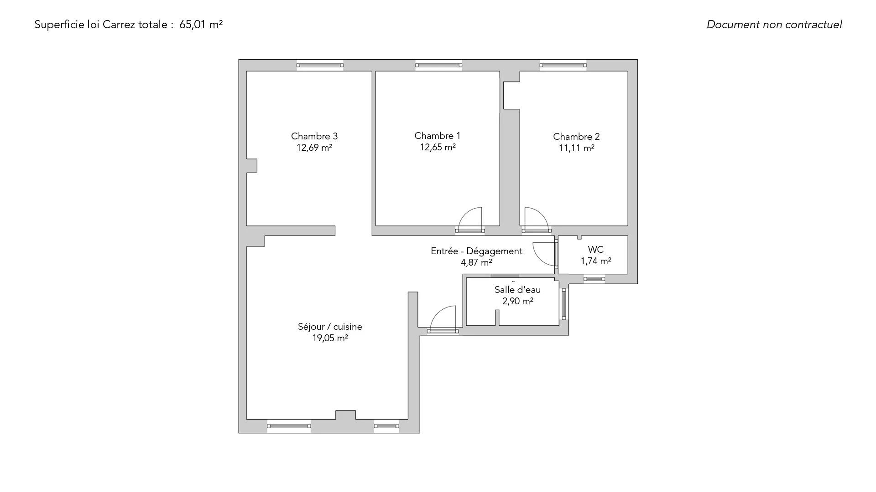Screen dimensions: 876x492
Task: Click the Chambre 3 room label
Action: click(314, 136)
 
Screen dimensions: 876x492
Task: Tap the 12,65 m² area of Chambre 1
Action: click(438, 147)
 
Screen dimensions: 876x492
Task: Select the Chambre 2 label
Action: click(576, 137)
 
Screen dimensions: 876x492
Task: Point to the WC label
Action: click(596, 250)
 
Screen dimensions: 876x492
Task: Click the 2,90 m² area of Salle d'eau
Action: click(518, 301)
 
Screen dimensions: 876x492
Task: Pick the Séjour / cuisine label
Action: click(330, 327)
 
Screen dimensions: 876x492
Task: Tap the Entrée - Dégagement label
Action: click(476, 251)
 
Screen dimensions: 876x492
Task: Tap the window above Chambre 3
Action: click(320, 65)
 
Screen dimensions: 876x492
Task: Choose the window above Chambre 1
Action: click(438, 65)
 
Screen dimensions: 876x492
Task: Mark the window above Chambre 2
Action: click(563, 65)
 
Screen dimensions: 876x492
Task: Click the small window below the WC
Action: click(594, 279)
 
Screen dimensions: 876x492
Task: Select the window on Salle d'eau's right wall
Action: click(564, 304)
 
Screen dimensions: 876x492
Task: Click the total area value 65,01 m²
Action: click(201, 25)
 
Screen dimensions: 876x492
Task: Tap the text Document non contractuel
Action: click(774, 25)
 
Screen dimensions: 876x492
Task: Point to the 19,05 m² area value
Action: click(330, 338)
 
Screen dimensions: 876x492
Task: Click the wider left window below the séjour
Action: click(289, 426)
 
